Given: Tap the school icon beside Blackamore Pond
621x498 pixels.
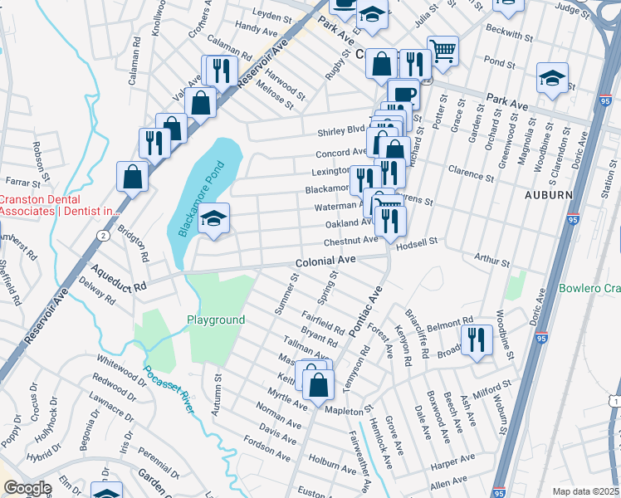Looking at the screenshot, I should (x=214, y=219).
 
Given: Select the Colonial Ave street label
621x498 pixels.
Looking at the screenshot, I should (x=325, y=261).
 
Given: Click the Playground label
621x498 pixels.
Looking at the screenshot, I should (x=215, y=320).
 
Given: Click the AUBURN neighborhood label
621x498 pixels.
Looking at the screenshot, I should (x=548, y=194).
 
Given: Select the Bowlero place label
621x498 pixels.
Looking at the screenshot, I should (x=589, y=288).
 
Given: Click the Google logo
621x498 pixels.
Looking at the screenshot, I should (x=27, y=488).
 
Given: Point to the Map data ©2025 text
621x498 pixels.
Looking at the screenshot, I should (x=585, y=491).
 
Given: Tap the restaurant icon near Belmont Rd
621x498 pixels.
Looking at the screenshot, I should (x=477, y=340).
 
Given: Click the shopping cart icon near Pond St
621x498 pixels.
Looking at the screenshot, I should (x=443, y=51).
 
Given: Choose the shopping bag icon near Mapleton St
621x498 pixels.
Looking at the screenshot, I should (x=318, y=384).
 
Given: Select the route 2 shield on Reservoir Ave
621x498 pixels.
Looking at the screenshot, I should (x=102, y=236).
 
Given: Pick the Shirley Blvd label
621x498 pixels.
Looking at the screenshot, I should (x=341, y=131).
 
